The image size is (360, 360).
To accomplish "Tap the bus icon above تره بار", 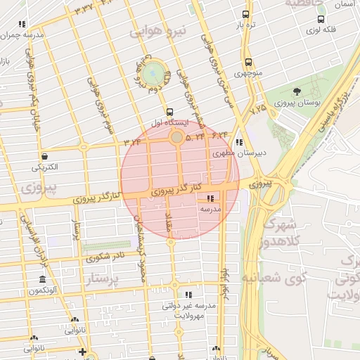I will (245, 14).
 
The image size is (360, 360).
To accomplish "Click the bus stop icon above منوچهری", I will (248, 62).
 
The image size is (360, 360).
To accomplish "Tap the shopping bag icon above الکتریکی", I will (45, 157).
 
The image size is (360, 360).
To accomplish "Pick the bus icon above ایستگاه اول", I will (169, 112).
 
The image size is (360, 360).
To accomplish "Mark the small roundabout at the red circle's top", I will (177, 137).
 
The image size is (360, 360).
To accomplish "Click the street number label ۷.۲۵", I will (258, 109).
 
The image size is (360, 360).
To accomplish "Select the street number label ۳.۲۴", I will (133, 142).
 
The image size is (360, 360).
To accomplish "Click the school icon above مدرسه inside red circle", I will (211, 198).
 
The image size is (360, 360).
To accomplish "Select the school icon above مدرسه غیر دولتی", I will (188, 295).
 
